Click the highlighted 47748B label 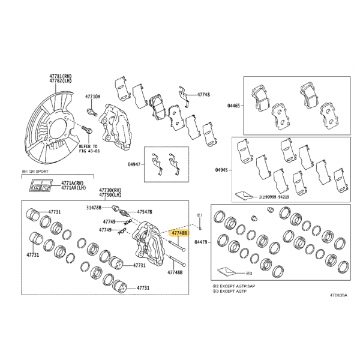179,233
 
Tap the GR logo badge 41,185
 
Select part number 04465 233,106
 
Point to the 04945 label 221,170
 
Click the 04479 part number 200,242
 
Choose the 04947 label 134,164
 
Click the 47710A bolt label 93,97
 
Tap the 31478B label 94,208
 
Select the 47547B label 145,212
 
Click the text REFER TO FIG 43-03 88,149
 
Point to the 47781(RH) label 61,76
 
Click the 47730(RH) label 110,190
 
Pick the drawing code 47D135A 338,295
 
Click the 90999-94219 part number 276,197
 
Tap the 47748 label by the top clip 203,94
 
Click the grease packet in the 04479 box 226,272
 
